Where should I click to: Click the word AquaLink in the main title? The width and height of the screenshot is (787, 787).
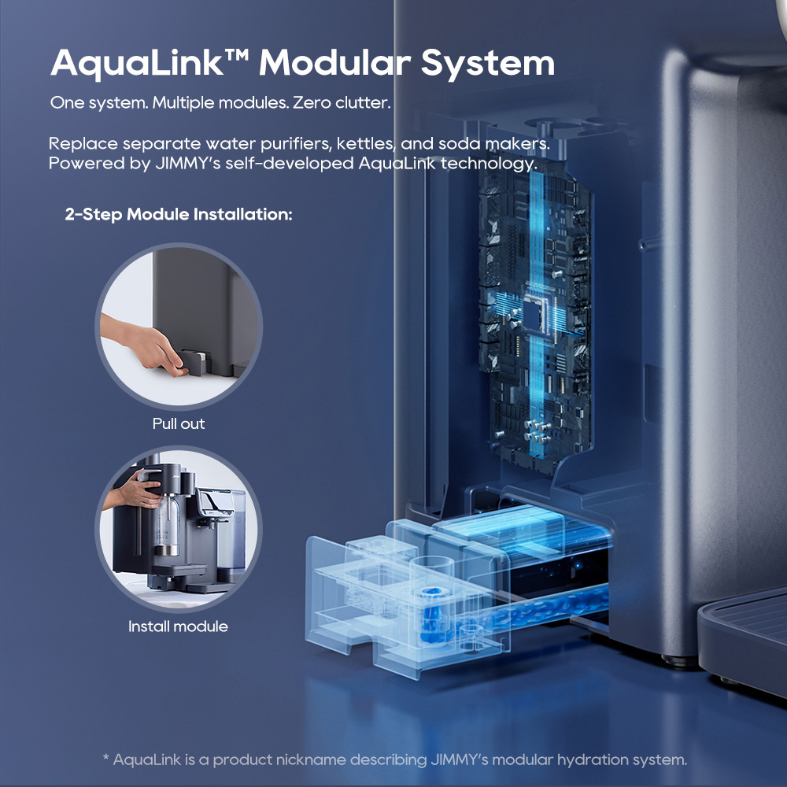point(137,64)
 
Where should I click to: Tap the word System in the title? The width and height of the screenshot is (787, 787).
point(487,64)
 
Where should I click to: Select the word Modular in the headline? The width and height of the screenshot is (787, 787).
point(334,63)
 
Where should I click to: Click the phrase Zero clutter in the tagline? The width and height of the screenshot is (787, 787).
point(342,102)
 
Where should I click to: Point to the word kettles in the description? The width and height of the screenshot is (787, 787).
point(365,143)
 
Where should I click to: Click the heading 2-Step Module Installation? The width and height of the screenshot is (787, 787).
point(179,214)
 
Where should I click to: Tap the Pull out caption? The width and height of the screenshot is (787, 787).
point(179,423)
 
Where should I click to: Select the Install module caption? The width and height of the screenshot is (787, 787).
point(178,626)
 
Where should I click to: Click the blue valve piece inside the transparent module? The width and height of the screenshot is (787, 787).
point(430,615)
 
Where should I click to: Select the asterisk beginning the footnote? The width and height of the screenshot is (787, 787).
point(105,757)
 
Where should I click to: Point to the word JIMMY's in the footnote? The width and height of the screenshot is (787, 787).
point(460,760)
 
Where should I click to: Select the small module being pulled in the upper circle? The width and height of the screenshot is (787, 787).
point(194,361)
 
